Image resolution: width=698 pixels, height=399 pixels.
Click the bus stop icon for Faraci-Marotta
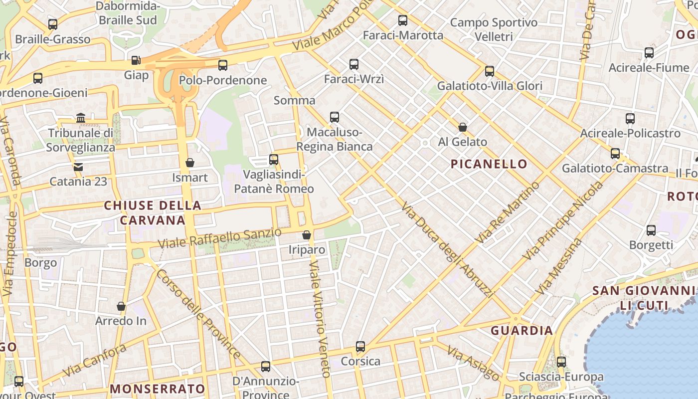(403, 20)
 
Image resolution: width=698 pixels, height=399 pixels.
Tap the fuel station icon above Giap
(136, 60)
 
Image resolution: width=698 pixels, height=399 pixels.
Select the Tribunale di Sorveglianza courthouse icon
(81, 118)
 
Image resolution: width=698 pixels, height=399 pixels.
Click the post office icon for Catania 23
(78, 167)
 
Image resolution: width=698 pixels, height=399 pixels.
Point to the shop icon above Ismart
(189, 163)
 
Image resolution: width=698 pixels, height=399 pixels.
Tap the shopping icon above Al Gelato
(463, 127)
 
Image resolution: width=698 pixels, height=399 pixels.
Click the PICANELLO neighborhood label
(489, 164)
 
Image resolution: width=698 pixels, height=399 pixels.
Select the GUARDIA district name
(522, 330)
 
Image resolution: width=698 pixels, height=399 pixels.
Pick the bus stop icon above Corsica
(360, 346)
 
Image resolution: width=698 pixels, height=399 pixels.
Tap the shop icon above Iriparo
(307, 234)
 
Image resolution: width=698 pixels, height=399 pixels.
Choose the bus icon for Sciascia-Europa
(561, 362)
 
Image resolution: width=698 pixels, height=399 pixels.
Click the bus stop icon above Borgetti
(651, 230)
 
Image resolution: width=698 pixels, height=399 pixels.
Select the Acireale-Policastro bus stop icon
(630, 119)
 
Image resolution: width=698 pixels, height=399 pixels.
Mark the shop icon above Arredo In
(121, 306)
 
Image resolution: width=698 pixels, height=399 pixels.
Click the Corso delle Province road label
(198, 314)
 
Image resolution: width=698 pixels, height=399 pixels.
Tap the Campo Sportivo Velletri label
(494, 29)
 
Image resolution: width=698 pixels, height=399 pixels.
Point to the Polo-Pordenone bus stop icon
(223, 65)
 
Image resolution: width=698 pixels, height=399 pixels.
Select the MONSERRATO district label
(157, 389)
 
